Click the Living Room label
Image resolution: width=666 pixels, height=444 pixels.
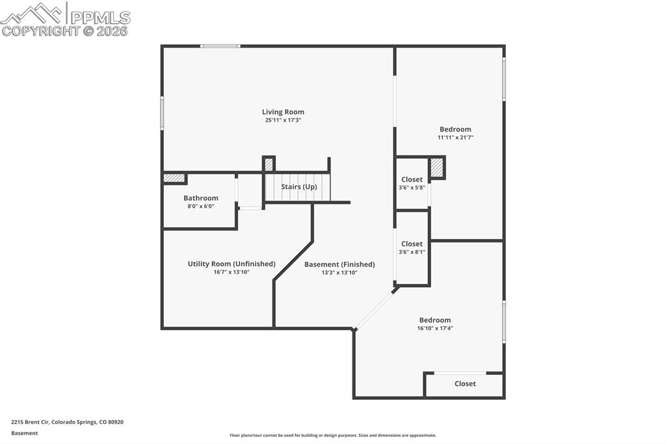coord(283,112)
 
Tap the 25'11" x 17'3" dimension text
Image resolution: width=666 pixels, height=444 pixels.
coord(283,120)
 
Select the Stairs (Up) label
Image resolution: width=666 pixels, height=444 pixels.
coord(299,187)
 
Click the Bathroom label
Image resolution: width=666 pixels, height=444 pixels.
coord(201,198)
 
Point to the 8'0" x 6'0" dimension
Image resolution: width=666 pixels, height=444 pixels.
coord(201,206)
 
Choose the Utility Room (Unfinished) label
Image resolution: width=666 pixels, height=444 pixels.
coord(232,264)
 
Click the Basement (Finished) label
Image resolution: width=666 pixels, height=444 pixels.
coord(340,264)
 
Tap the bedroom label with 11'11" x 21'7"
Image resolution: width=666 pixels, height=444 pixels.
coord(455,129)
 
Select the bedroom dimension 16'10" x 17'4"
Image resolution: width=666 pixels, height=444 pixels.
coord(435,329)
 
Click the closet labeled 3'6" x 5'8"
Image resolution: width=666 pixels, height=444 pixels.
coord(412,180)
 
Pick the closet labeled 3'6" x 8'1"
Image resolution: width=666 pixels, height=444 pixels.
coord(412,244)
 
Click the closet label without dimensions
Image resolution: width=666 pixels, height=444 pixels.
coord(465,384)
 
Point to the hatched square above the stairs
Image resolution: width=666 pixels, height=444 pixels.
coord(269,164)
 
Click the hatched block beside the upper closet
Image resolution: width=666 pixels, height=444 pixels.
coord(437,167)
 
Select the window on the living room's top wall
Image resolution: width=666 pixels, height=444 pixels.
coord(220,46)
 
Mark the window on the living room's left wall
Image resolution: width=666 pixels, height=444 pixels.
coord(162,113)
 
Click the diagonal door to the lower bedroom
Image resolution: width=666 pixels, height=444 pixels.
coord(375,309)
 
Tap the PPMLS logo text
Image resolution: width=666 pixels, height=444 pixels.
coord(100,17)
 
